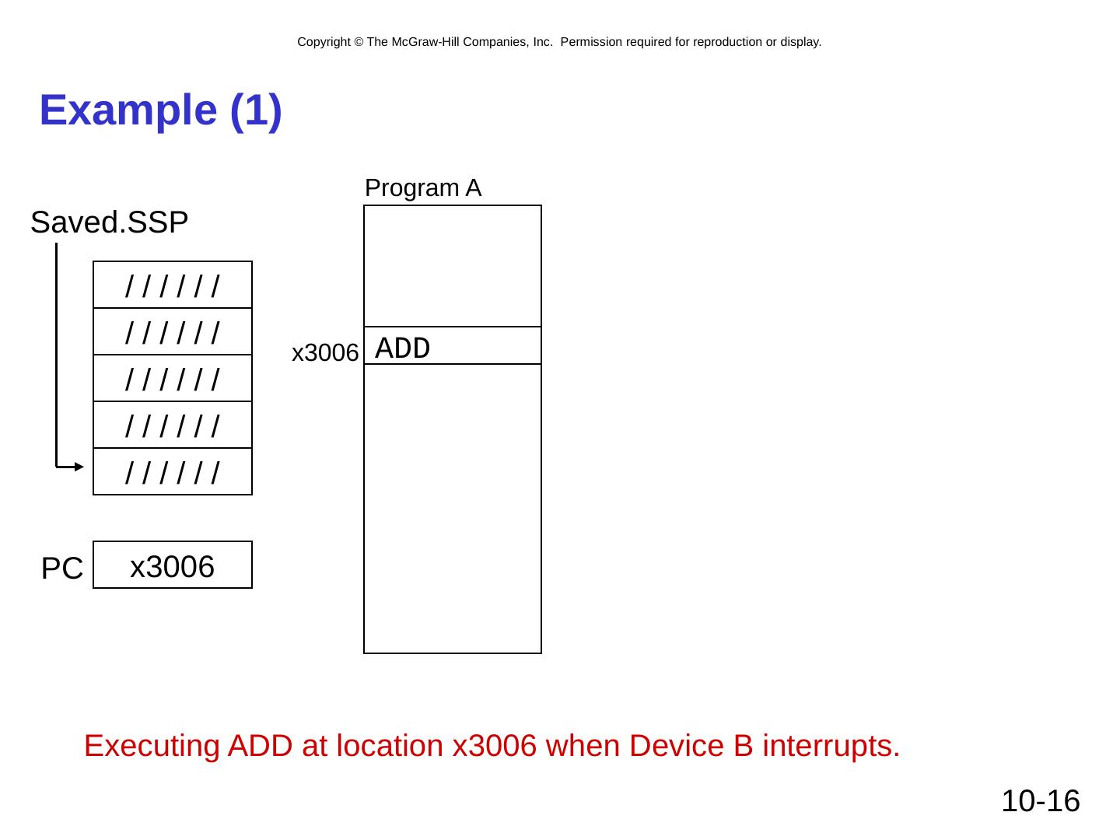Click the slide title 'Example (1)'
[160, 110]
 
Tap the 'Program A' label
[422, 188]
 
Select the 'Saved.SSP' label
[109, 223]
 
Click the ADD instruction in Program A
[402, 348]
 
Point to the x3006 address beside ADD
[324, 354]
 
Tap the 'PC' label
[62, 569]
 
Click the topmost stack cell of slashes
[173, 285]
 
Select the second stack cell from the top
[173, 332]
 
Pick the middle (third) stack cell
[173, 379]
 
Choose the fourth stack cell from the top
[173, 425]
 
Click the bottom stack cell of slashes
[173, 472]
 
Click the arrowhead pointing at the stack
[78, 467]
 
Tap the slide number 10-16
[1040, 801]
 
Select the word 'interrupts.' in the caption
[831, 747]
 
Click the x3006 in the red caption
[495, 747]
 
